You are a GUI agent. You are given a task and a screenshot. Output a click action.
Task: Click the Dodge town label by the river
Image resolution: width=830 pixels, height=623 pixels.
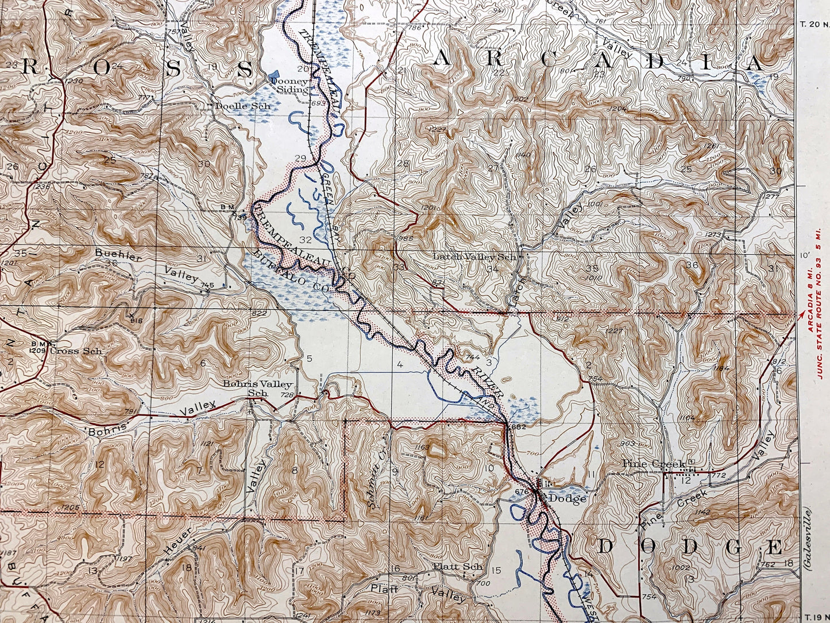568,498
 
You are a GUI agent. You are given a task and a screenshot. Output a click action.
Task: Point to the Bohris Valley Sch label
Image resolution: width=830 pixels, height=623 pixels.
258,388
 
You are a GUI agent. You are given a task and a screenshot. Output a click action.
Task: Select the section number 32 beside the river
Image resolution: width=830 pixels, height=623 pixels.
306,239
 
